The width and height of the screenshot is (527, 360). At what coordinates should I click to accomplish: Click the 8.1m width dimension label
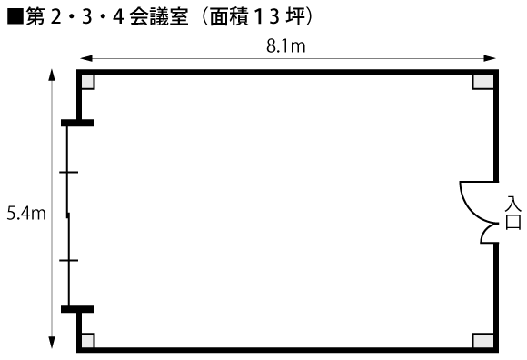tap(285, 46)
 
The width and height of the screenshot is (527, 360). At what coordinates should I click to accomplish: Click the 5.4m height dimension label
tap(26, 214)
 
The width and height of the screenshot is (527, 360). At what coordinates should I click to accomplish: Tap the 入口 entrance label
tap(512, 213)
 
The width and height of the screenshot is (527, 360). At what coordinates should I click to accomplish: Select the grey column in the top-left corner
tap(88, 81)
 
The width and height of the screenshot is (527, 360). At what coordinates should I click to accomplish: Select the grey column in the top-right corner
tap(483, 81)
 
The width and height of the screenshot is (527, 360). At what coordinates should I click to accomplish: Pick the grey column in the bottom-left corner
tap(88, 340)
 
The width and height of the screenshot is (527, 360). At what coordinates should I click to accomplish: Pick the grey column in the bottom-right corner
tap(483, 340)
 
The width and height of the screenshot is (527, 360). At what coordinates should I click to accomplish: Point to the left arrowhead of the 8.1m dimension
tap(86, 58)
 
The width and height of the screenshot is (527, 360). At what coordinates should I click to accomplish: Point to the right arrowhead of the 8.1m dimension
tap(490, 58)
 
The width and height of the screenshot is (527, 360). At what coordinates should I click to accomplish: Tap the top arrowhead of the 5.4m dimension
tap(52, 75)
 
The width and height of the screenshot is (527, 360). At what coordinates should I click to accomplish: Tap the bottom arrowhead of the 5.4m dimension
tap(52, 342)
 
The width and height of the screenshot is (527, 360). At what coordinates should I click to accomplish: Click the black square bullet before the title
tap(15, 16)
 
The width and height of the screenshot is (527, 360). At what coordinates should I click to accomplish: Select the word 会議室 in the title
tap(159, 16)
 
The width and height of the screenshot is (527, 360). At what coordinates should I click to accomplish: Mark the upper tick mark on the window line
tap(68, 172)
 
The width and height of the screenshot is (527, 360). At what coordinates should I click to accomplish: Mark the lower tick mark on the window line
tap(68, 260)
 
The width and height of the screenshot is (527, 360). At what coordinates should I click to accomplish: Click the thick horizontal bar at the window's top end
tap(77, 123)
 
